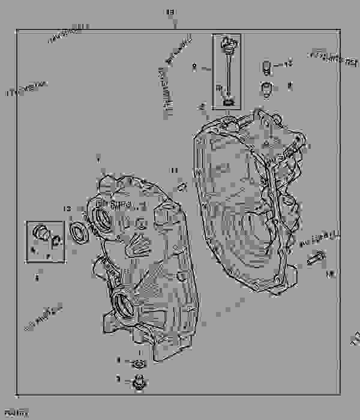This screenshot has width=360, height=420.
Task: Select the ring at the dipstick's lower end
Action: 228,102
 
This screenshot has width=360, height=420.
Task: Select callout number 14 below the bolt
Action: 328,274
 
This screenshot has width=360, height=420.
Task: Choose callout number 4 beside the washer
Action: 119,360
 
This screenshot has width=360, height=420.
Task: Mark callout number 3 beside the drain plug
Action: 119,379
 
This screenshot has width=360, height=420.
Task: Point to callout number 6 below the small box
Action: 37,278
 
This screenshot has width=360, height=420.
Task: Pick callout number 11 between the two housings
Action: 174,171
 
